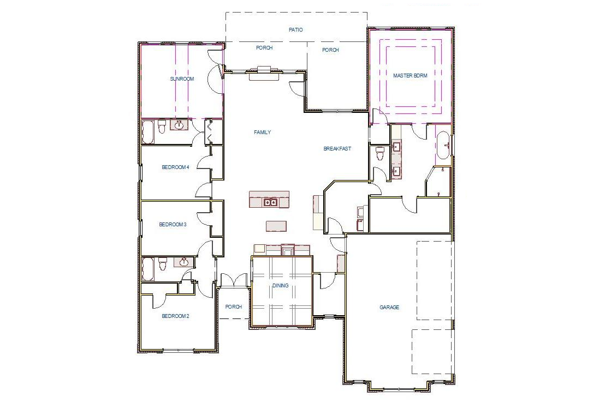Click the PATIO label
tap(295, 29)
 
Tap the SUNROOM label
tap(182, 79)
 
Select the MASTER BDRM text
tap(410, 75)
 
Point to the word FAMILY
tap(262, 133)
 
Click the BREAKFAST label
tap(337, 149)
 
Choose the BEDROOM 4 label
tap(175, 167)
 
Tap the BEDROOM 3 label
tap(173, 224)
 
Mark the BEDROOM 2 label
tap(175, 316)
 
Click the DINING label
tap(280, 286)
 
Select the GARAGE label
tap(389, 308)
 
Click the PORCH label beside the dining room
tap(233, 307)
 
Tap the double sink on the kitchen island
tap(269, 202)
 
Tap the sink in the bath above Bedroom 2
tap(183, 263)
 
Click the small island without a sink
tap(276, 226)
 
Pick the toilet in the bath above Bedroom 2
tap(162, 265)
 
